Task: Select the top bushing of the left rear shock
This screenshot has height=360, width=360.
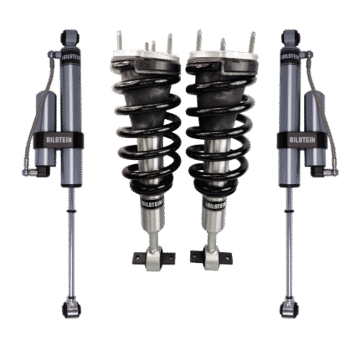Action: (69, 35)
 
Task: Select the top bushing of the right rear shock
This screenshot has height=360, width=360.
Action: (291, 35)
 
